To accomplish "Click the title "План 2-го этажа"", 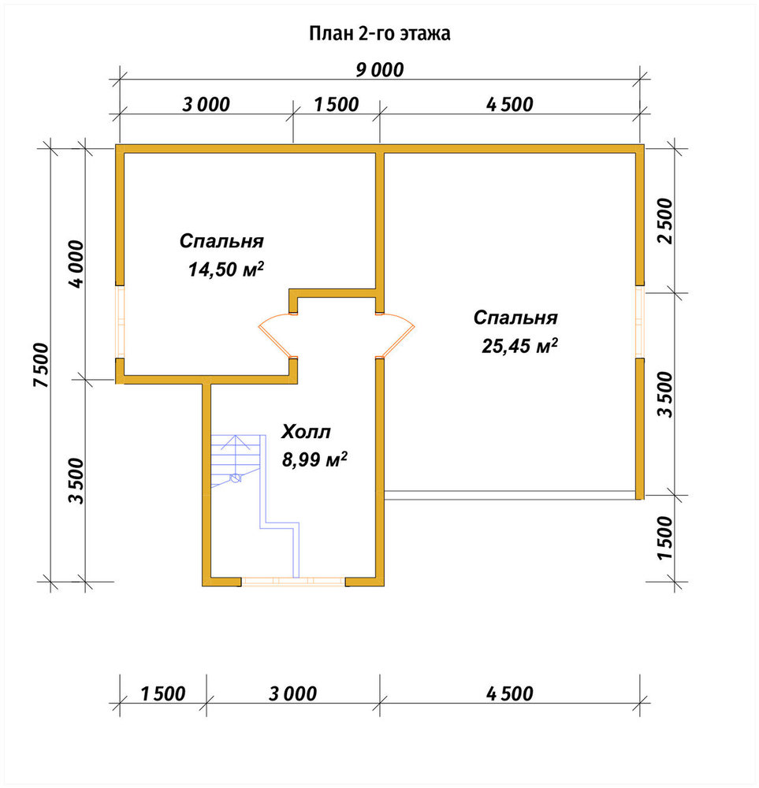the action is click(x=380, y=34).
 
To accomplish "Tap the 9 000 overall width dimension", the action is click(x=380, y=70).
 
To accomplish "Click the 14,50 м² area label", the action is click(x=225, y=269).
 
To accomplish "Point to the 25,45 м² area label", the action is click(x=519, y=346).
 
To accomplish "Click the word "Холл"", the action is click(x=306, y=432).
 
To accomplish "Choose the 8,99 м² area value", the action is click(x=314, y=459).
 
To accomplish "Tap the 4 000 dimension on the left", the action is click(x=77, y=264).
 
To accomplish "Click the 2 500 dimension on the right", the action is click(x=664, y=221).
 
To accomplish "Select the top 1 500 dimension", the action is click(x=337, y=105).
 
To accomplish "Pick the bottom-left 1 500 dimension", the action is click(x=163, y=694).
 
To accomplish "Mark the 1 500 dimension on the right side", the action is click(x=664, y=537).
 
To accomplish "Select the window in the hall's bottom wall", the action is click(x=293, y=582).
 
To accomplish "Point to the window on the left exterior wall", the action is click(x=120, y=322).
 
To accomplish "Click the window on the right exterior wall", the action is click(x=639, y=322).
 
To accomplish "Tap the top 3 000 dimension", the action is click(x=206, y=105).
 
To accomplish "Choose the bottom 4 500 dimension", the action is click(x=510, y=694).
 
